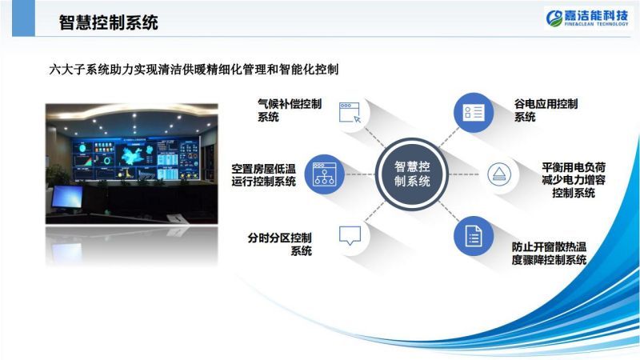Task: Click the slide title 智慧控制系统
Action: (108, 22)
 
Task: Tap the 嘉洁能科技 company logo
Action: (587, 18)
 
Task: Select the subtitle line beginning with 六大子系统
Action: (194, 70)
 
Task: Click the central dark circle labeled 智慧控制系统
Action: (412, 174)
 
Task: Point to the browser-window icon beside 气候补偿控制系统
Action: (350, 113)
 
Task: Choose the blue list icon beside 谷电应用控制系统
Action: (474, 113)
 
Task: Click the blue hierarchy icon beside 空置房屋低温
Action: (325, 174)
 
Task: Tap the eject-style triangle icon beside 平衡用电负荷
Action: (498, 174)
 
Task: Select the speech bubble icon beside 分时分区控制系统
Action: (350, 235)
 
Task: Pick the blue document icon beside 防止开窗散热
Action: (474, 236)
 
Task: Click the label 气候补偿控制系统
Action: (290, 110)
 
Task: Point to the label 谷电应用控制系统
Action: (546, 110)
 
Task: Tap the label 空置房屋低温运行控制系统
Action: (263, 174)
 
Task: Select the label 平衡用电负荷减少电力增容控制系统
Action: (574, 180)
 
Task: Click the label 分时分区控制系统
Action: (279, 244)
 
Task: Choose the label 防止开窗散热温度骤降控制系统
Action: (549, 254)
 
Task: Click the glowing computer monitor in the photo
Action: (67, 198)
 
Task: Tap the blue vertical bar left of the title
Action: (24, 18)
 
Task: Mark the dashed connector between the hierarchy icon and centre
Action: (360, 174)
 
